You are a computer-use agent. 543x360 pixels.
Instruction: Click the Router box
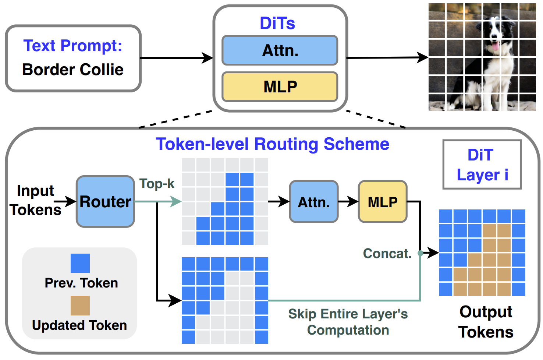105,201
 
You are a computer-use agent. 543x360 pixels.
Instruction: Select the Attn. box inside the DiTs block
280,50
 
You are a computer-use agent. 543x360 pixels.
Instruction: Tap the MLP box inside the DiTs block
280,87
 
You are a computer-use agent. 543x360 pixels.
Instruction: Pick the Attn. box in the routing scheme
313,202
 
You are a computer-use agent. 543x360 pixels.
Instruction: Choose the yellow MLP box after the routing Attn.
383,202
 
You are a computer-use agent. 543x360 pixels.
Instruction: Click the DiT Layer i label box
482,165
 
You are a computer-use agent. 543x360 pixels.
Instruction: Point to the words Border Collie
73,70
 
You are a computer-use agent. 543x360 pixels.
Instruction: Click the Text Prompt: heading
73,46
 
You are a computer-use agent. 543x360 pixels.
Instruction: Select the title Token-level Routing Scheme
272,144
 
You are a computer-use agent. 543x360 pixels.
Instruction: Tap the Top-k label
157,183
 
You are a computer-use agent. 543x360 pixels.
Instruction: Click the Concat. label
387,253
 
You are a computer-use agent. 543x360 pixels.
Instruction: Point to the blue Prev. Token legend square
80,263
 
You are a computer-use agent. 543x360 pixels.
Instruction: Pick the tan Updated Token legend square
80,306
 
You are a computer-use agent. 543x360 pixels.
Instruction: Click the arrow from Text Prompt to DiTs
177,58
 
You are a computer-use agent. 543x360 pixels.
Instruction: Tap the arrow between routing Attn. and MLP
348,201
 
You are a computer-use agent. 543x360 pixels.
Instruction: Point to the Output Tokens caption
486,322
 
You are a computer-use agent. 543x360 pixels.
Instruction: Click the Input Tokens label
35,200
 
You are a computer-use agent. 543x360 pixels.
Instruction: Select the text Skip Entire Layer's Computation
348,322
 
